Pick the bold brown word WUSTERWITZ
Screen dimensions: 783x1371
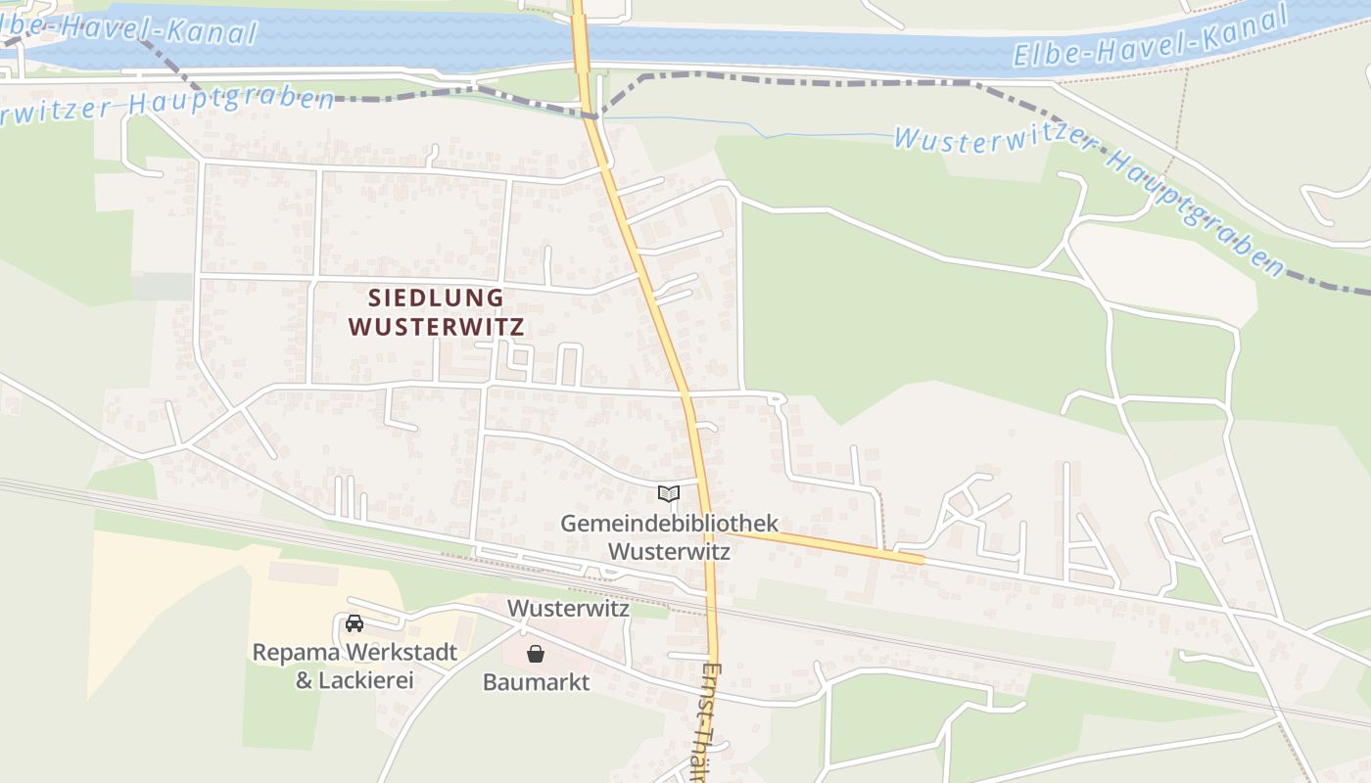[436, 327]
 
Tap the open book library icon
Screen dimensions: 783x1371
[669, 494]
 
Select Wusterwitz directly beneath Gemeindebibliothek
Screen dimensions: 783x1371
[669, 551]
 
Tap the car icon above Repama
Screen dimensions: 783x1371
[355, 622]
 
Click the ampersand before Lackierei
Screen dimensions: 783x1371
[304, 679]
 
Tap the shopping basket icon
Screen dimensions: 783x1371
[536, 653]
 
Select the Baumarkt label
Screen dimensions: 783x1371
[536, 682]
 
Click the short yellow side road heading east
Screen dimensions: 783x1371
[823, 544]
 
